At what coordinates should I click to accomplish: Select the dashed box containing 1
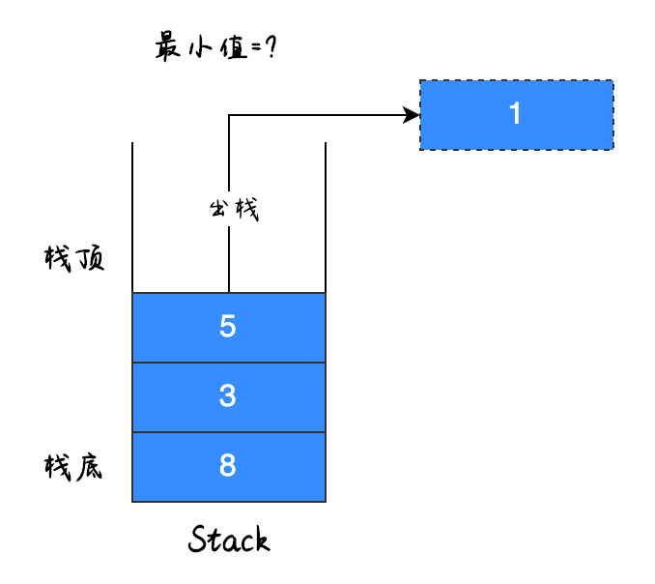coord(516,114)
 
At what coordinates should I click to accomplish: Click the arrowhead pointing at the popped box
coord(413,116)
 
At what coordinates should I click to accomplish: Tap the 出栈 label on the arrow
coord(234,209)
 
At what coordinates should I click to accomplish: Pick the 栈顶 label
coord(74,259)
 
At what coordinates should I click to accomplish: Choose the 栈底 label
coord(74,468)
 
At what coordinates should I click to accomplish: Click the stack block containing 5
coord(228,328)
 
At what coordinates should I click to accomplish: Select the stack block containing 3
coord(228,397)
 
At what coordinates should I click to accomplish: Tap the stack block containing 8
coord(228,467)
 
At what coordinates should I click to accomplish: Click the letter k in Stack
coord(260,540)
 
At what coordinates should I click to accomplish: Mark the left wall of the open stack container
coord(132,218)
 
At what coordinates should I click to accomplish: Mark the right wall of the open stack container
coord(326,218)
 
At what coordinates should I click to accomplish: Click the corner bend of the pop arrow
coord(229,116)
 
